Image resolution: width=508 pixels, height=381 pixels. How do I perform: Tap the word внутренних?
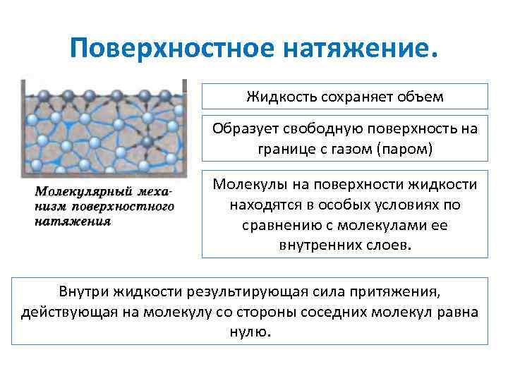[x=313, y=246]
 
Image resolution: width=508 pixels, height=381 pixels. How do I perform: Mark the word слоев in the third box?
[x=391, y=246]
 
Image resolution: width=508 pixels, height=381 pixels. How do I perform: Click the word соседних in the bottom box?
[x=350, y=312]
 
